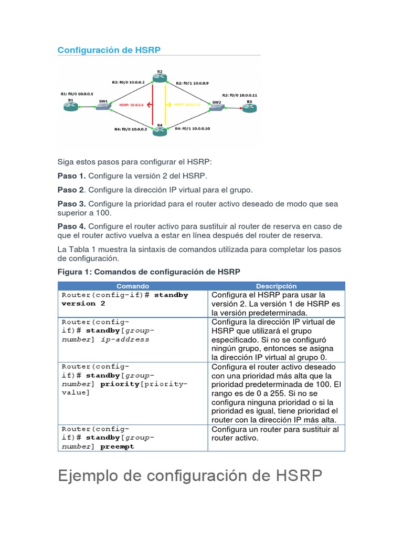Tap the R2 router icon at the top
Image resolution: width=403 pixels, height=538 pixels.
click(x=160, y=78)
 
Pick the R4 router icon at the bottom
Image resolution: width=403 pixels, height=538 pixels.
click(x=160, y=131)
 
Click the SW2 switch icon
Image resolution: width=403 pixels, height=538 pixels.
click(x=216, y=107)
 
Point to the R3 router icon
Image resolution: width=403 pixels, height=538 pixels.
click(x=249, y=108)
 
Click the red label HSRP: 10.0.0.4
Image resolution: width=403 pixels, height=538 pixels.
click(x=131, y=105)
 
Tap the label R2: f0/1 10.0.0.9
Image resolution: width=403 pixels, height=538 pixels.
click(x=192, y=83)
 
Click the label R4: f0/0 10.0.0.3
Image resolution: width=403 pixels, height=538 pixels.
click(x=130, y=129)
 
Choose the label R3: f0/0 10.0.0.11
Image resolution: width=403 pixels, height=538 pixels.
click(x=239, y=95)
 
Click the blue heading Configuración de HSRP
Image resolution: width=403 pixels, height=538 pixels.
click(x=109, y=50)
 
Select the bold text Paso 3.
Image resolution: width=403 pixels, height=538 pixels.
click(x=71, y=204)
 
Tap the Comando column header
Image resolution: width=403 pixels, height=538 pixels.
click(x=132, y=286)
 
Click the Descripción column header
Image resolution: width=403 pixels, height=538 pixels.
click(x=276, y=286)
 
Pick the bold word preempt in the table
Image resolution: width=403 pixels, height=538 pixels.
click(x=118, y=447)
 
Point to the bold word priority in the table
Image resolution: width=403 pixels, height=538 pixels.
click(x=119, y=384)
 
